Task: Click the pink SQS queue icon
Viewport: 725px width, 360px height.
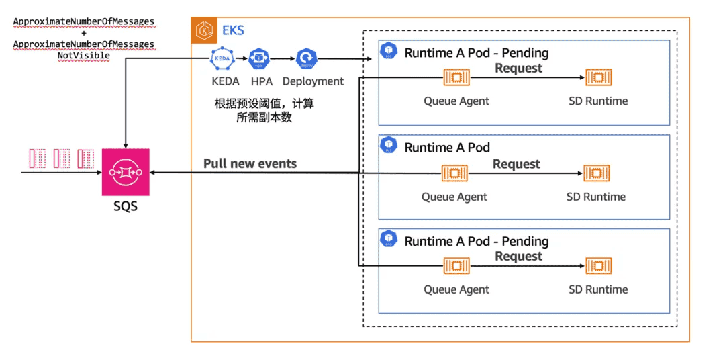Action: [126, 173]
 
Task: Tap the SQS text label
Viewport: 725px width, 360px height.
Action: [126, 206]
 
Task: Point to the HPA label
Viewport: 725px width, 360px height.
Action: [261, 81]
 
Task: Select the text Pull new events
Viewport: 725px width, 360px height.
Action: [250, 163]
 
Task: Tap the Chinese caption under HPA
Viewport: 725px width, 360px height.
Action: [264, 110]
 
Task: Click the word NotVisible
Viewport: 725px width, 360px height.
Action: [84, 56]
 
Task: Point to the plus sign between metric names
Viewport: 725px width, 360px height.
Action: [84, 33]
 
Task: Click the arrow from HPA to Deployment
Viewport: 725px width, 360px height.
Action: [283, 59]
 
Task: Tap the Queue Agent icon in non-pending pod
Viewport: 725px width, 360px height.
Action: [454, 173]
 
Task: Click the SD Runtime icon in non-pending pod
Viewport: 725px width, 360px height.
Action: [596, 173]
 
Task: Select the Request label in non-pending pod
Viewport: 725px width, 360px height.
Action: [516, 164]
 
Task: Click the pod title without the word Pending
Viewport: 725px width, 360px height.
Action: [447, 147]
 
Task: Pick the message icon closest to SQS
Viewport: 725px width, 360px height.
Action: [85, 159]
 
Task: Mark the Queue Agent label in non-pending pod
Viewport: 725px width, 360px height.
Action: [454, 197]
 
